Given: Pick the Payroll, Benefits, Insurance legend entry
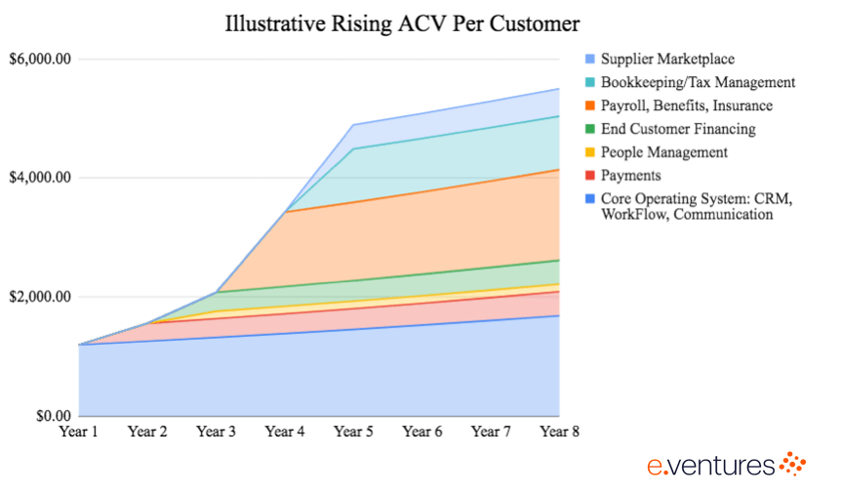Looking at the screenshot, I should click(x=686, y=105).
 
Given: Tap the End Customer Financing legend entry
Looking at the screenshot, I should click(x=677, y=129).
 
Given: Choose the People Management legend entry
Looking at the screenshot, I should click(x=663, y=152).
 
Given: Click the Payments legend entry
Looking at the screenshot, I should click(x=630, y=175).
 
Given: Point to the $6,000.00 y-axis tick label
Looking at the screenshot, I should click(x=40, y=60).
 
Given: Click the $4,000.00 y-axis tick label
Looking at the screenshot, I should click(x=40, y=178).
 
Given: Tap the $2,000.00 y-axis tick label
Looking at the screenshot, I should click(x=40, y=297).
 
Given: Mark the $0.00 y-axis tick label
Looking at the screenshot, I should click(x=49, y=415).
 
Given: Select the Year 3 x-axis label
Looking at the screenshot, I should click(x=216, y=432).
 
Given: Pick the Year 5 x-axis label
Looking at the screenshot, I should click(x=353, y=432).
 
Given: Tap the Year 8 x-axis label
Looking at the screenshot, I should click(x=559, y=432).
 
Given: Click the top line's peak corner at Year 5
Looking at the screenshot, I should click(x=353, y=125).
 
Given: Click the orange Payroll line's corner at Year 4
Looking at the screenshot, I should click(x=285, y=211).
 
